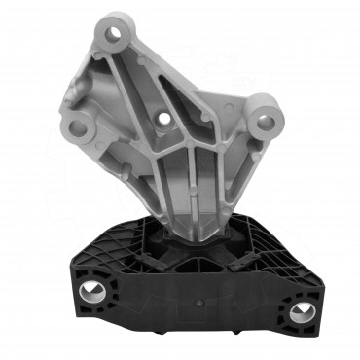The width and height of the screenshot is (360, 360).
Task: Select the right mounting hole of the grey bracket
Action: pos(265,121)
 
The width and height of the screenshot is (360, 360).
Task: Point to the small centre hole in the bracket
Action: pos(163,121)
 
